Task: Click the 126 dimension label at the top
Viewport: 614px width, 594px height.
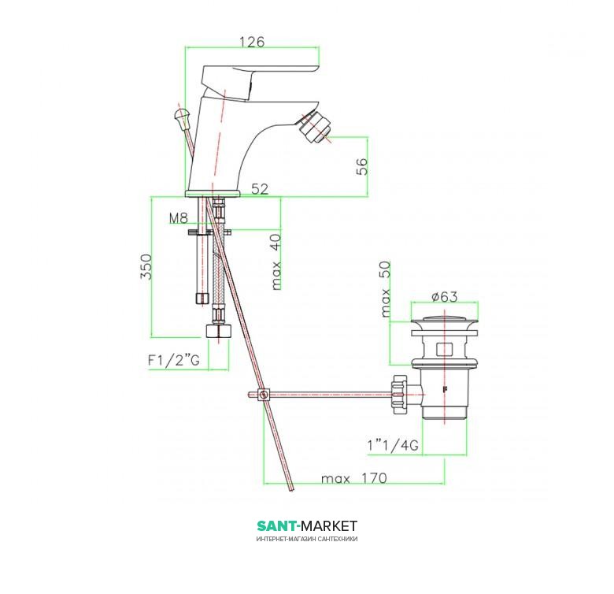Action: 252,42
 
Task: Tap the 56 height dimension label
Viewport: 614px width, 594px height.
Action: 362,166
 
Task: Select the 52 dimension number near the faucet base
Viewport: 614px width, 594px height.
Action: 260,189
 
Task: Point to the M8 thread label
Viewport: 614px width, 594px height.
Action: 179,218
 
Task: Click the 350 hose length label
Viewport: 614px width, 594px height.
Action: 146,266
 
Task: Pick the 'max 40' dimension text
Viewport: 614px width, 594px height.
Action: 276,262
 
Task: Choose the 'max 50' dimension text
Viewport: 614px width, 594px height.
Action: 386,289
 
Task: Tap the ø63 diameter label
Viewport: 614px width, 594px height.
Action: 445,297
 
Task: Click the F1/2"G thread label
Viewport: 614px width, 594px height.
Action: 173,360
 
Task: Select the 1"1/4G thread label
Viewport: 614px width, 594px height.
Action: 393,445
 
